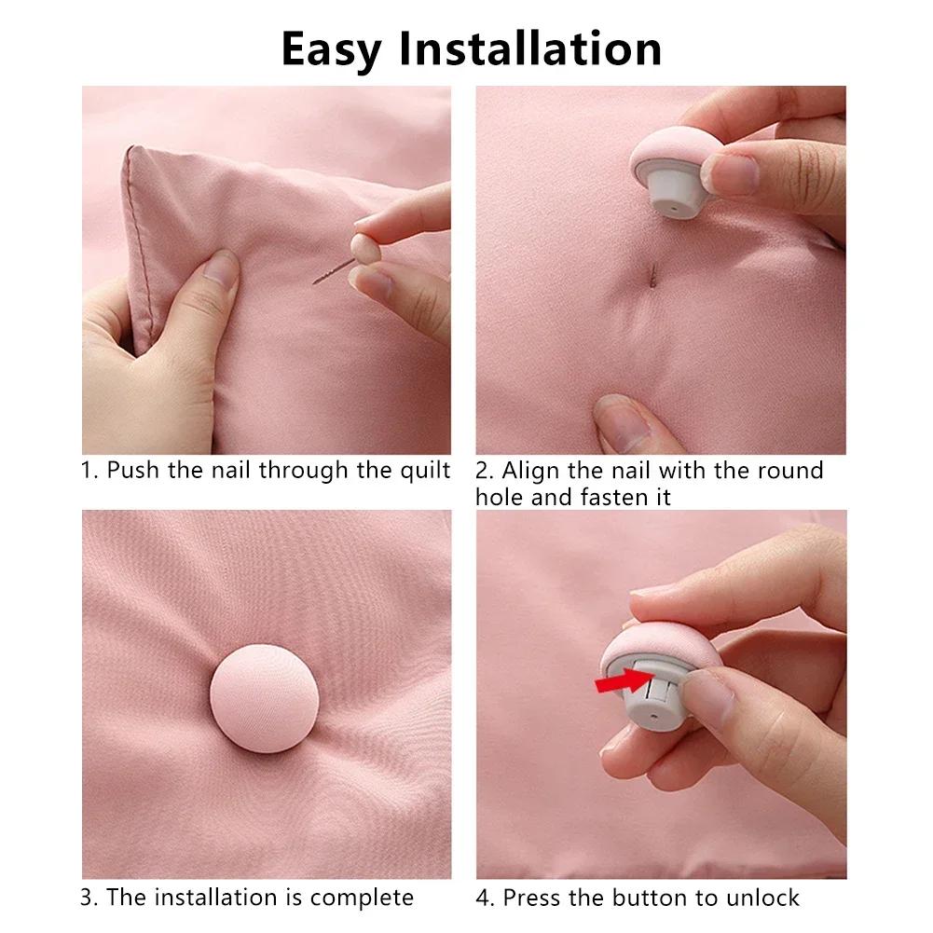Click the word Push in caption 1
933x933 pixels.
pos(133,470)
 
